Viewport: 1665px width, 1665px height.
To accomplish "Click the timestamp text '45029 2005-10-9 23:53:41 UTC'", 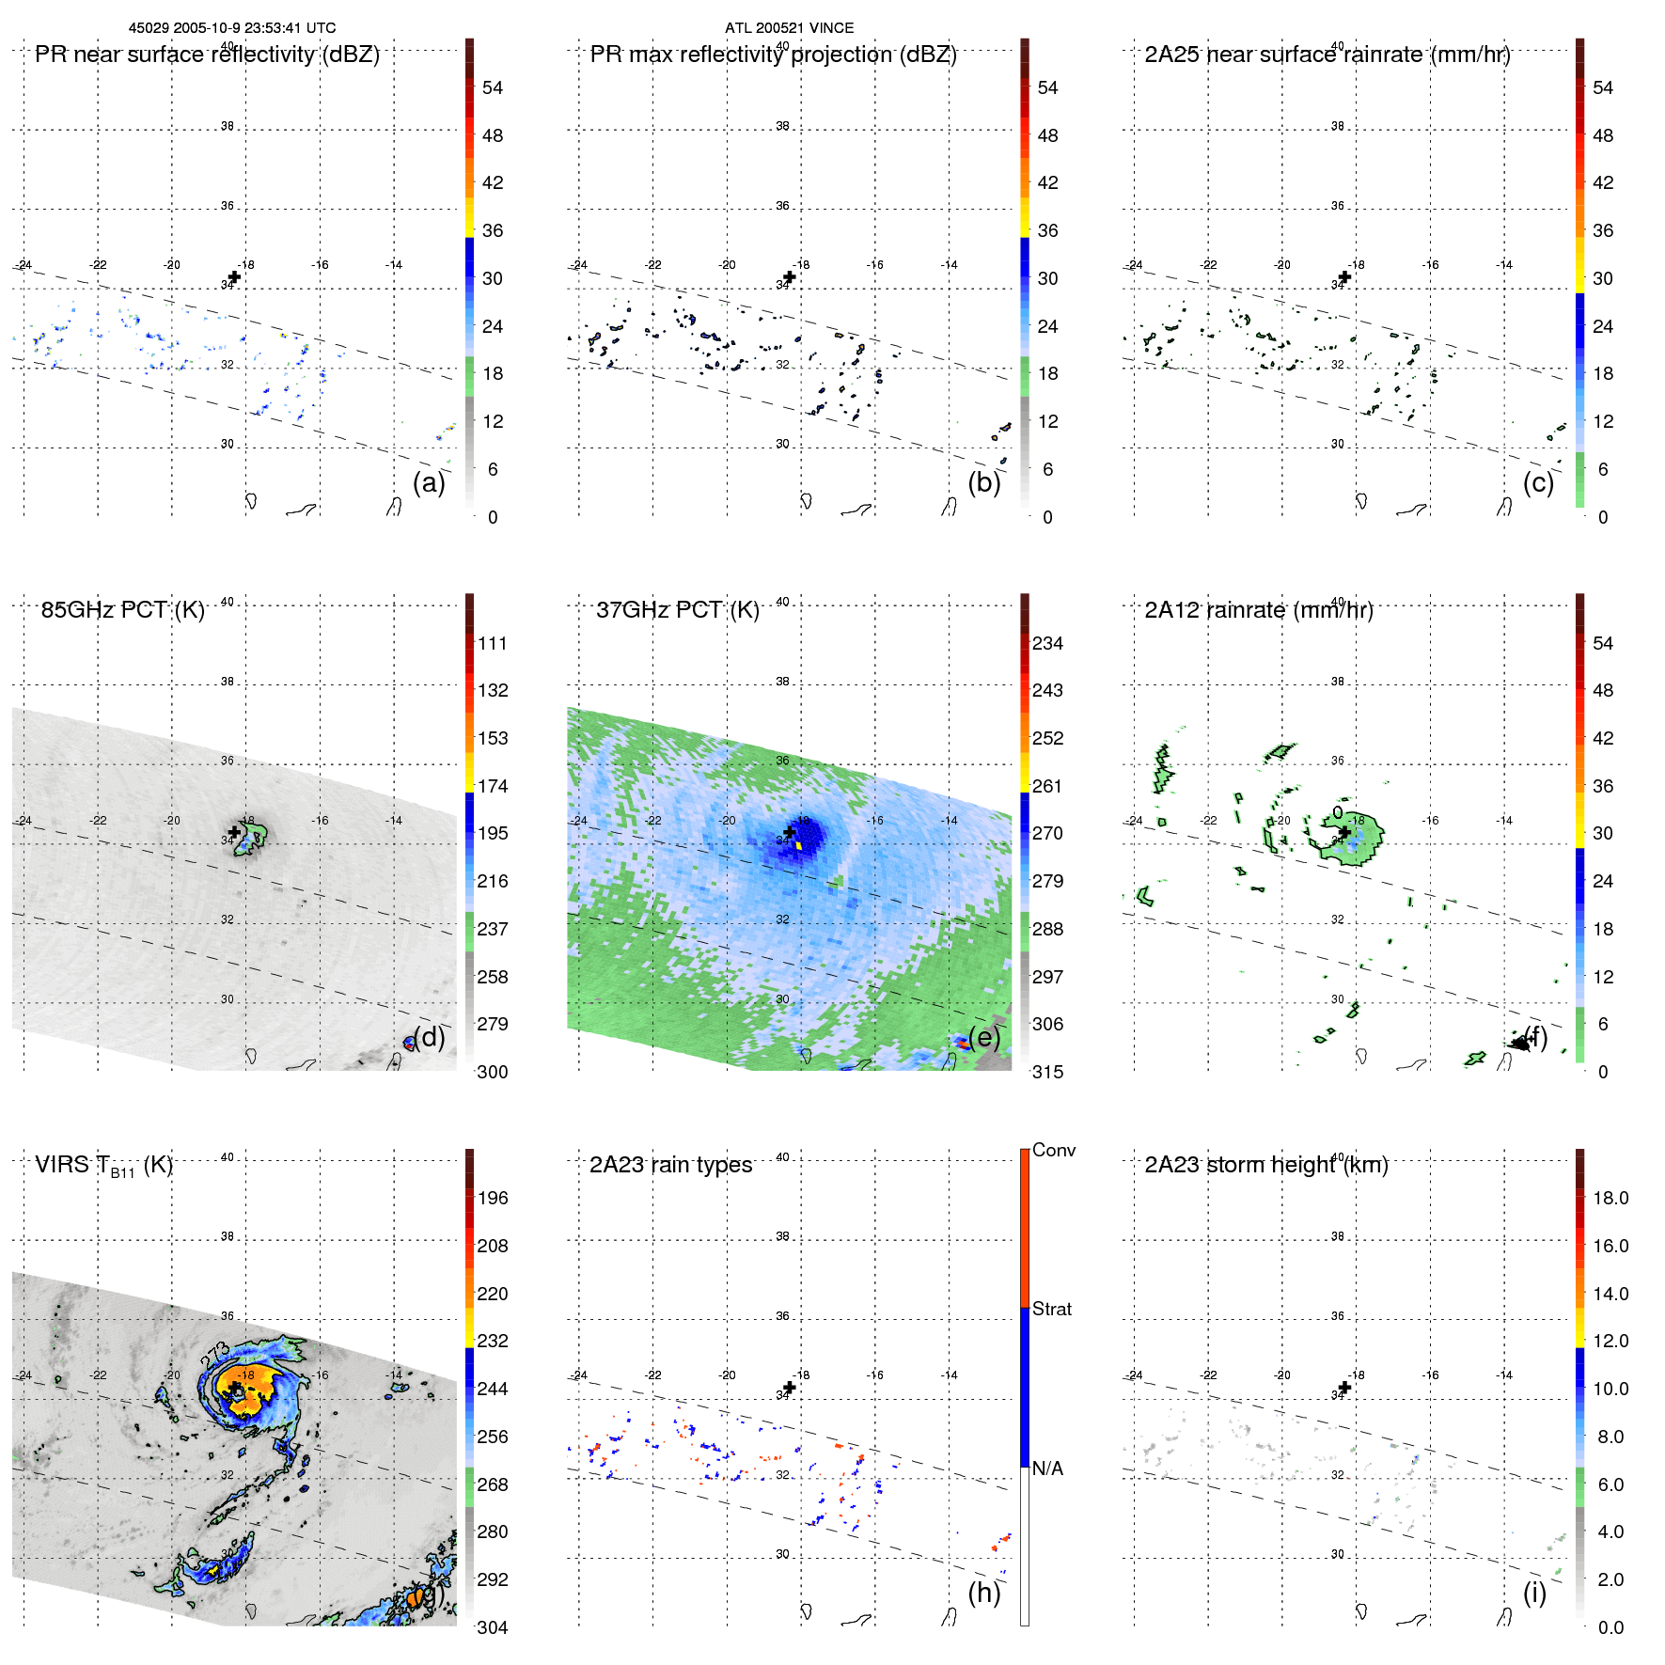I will coord(231,28).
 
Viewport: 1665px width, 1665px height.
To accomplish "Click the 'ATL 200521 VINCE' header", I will coord(789,28).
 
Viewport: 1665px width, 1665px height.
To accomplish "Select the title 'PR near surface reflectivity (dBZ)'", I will coord(207,55).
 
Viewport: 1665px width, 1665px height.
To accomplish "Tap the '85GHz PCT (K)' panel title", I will coord(122,610).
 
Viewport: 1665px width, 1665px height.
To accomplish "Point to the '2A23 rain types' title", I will coord(670,1165).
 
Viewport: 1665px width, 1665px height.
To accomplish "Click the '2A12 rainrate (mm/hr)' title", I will coord(1258,610).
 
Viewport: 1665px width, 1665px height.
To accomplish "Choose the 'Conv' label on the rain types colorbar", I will coord(1053,1150).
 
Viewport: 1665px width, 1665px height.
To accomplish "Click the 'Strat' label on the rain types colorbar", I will coord(1051,1309).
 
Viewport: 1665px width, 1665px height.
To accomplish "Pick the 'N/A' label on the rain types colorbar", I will coord(1047,1469).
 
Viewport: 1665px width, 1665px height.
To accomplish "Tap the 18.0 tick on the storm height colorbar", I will coord(1610,1198).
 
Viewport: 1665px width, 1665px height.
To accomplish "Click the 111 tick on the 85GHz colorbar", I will coord(492,643).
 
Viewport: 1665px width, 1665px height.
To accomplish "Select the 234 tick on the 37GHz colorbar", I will coord(1047,643).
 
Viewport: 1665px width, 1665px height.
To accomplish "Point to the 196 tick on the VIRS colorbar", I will coord(492,1198).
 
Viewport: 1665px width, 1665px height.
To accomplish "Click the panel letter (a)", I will coord(429,482).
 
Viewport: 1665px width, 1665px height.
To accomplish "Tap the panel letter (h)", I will coord(983,1592).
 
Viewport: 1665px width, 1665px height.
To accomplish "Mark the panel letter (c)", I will coord(1538,482).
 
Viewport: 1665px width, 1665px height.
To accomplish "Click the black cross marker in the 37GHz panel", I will coord(790,832).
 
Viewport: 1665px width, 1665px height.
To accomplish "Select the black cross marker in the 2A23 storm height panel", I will coord(1344,1388).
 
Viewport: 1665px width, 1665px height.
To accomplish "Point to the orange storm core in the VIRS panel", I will coord(249,1387).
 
